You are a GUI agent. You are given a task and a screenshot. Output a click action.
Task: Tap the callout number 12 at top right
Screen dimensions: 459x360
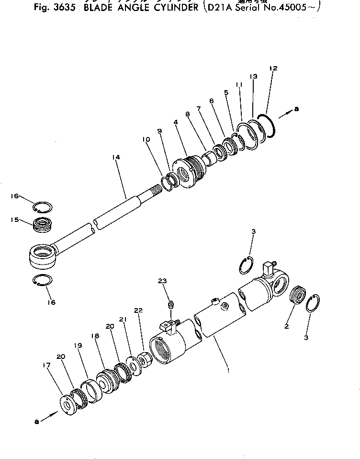click(273, 69)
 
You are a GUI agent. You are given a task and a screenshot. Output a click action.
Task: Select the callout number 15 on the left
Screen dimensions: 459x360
click(14, 220)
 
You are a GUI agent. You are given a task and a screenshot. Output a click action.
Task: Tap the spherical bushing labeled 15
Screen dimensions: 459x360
click(42, 224)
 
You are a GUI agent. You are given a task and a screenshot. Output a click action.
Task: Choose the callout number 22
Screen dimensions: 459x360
click(138, 310)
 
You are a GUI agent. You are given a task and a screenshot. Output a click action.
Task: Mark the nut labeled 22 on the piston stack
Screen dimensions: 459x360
click(144, 359)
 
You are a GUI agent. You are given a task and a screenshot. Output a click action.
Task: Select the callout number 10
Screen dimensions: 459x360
click(146, 139)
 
